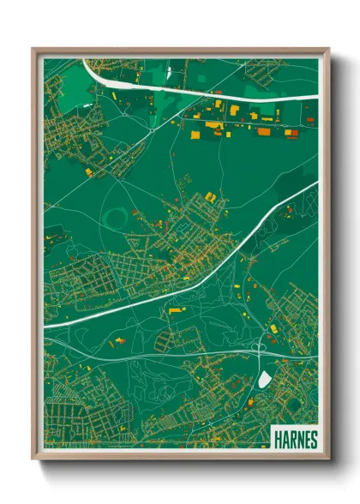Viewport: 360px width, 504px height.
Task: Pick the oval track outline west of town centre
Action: (117, 211)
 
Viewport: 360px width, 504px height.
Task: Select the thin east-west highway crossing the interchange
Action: (171, 354)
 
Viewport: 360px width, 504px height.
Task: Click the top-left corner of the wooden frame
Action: (34, 50)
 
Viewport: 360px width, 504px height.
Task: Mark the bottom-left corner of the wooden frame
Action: (34, 458)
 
